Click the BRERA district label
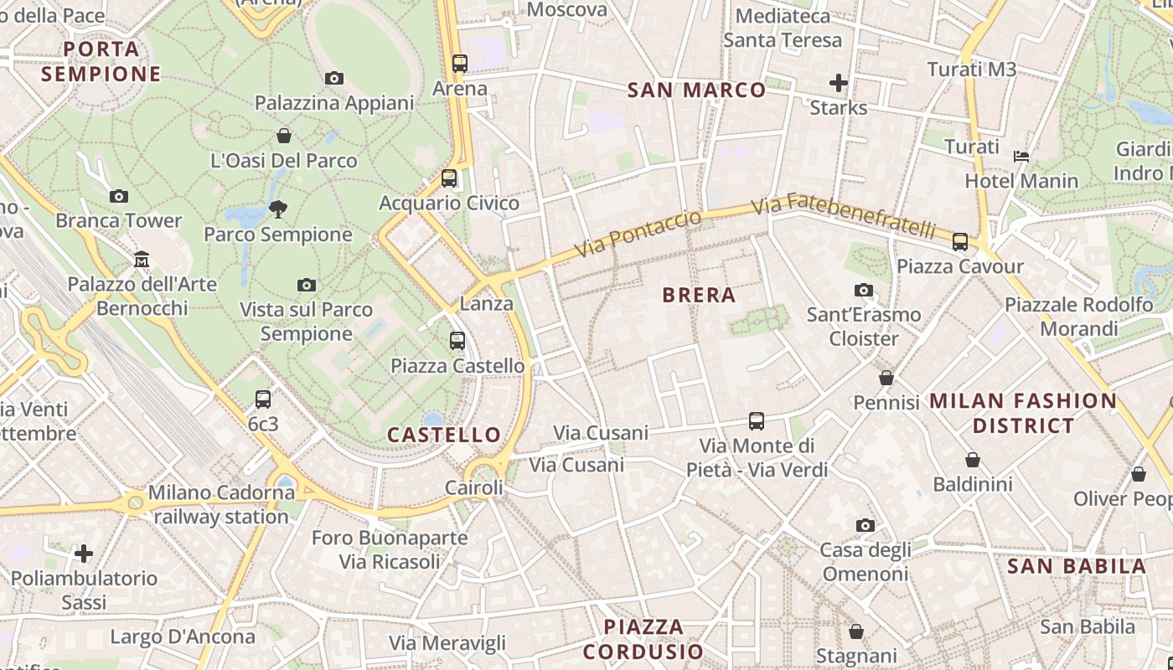point(698,295)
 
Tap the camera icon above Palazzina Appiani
point(334,78)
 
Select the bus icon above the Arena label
point(459,63)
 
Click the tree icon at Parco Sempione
point(278,209)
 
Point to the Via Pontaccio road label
point(638,234)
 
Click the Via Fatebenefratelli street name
point(843,216)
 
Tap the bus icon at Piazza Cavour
point(960,242)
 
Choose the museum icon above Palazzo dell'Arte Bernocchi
point(142,260)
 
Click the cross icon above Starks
point(838,83)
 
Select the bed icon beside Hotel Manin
point(1021,157)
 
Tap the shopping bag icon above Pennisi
point(886,378)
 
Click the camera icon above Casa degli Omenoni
point(866,525)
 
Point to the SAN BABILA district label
point(1077,566)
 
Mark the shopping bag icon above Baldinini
point(973,460)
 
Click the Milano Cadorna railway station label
point(221,504)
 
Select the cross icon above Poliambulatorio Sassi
point(84,554)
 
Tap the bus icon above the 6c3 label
point(263,399)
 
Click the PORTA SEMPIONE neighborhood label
point(101,61)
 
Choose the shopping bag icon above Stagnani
point(856,631)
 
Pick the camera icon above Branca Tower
point(119,196)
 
